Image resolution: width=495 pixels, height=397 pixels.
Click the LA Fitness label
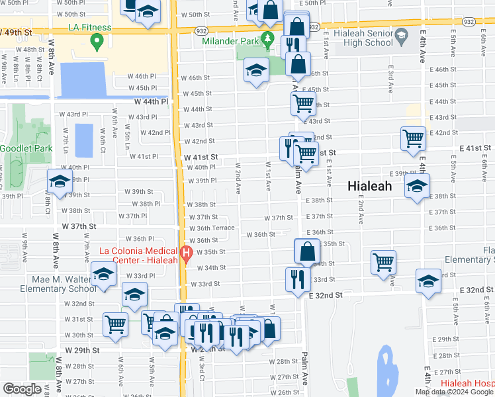pyautogui.click(x=89, y=28)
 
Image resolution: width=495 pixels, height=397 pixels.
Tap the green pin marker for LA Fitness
pyautogui.click(x=97, y=43)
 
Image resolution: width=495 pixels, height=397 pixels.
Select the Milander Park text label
pyautogui.click(x=229, y=40)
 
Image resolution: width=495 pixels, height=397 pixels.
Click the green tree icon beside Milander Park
pyautogui.click(x=267, y=39)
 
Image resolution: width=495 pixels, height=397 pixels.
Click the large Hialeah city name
pyautogui.click(x=370, y=187)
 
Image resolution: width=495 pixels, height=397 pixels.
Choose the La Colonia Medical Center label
pyautogui.click(x=138, y=255)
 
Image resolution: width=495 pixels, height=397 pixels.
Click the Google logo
pyautogui.click(x=22, y=388)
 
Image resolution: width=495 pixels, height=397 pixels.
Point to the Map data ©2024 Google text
pyautogui.click(x=453, y=392)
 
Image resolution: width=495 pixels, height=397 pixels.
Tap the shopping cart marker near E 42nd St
pyautogui.click(x=413, y=139)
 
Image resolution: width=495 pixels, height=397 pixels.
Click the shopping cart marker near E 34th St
pyautogui.click(x=383, y=262)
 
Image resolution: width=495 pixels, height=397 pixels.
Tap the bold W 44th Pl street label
pyautogui.click(x=152, y=102)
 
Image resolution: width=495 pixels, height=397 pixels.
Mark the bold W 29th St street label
pyautogui.click(x=81, y=349)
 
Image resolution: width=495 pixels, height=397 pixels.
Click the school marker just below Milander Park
pyautogui.click(x=255, y=71)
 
